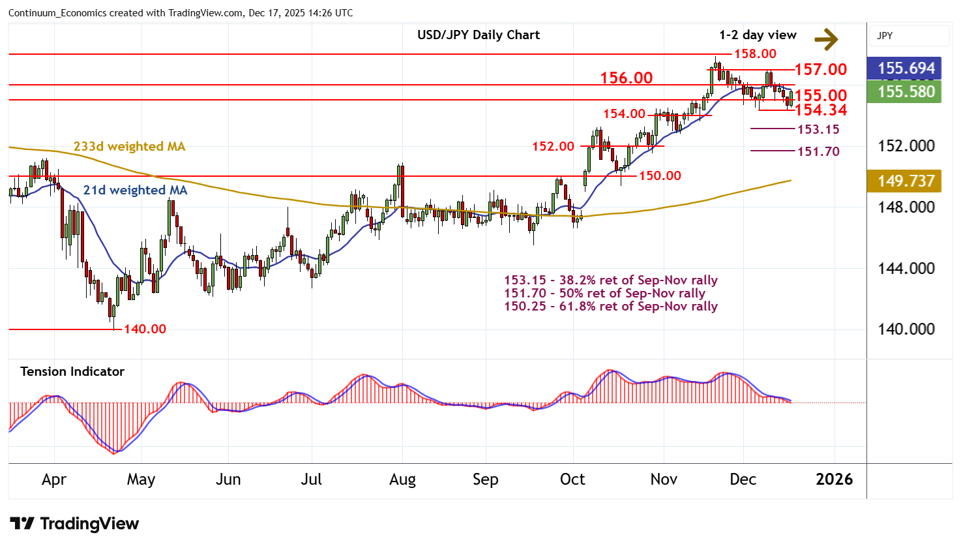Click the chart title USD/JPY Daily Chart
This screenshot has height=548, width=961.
coord(479,35)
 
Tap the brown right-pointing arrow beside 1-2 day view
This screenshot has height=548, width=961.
coord(826,39)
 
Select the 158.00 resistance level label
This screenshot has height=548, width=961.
coord(755,54)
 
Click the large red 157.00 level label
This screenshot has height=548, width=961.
coord(820,70)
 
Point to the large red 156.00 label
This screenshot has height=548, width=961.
coord(626,78)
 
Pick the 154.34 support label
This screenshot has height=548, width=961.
coord(820,110)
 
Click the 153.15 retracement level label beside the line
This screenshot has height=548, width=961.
coord(818,129)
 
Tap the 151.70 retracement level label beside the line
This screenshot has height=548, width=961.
coord(818,152)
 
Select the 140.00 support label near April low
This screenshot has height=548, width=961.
coord(145,329)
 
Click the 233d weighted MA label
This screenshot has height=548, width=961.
coord(129,147)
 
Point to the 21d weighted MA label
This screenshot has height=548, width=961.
coord(135,190)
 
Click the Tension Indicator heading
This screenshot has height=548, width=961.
coord(72,372)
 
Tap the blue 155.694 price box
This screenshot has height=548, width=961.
coord(906,68)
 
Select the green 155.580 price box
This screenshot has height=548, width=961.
coord(906,92)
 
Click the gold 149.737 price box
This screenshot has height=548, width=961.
coord(906,181)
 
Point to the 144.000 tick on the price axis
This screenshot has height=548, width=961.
coord(906,268)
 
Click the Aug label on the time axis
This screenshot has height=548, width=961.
coord(402,479)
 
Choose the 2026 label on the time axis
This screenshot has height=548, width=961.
coord(834,479)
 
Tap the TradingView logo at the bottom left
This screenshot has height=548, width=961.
coord(74,524)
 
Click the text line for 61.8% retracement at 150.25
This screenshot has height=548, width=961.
coord(610,307)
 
